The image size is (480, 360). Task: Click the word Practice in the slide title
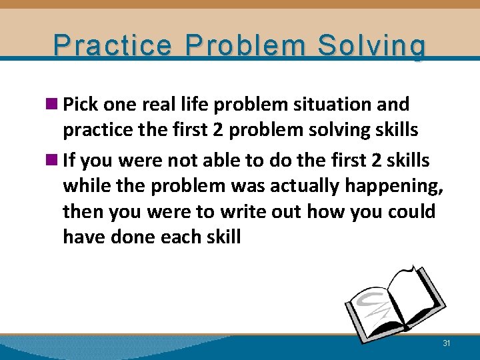[114, 46]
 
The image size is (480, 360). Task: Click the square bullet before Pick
[54, 105]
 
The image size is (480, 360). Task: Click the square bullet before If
[54, 161]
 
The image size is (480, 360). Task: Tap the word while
[84, 186]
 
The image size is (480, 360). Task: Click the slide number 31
[447, 343]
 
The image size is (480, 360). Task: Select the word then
[82, 211]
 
